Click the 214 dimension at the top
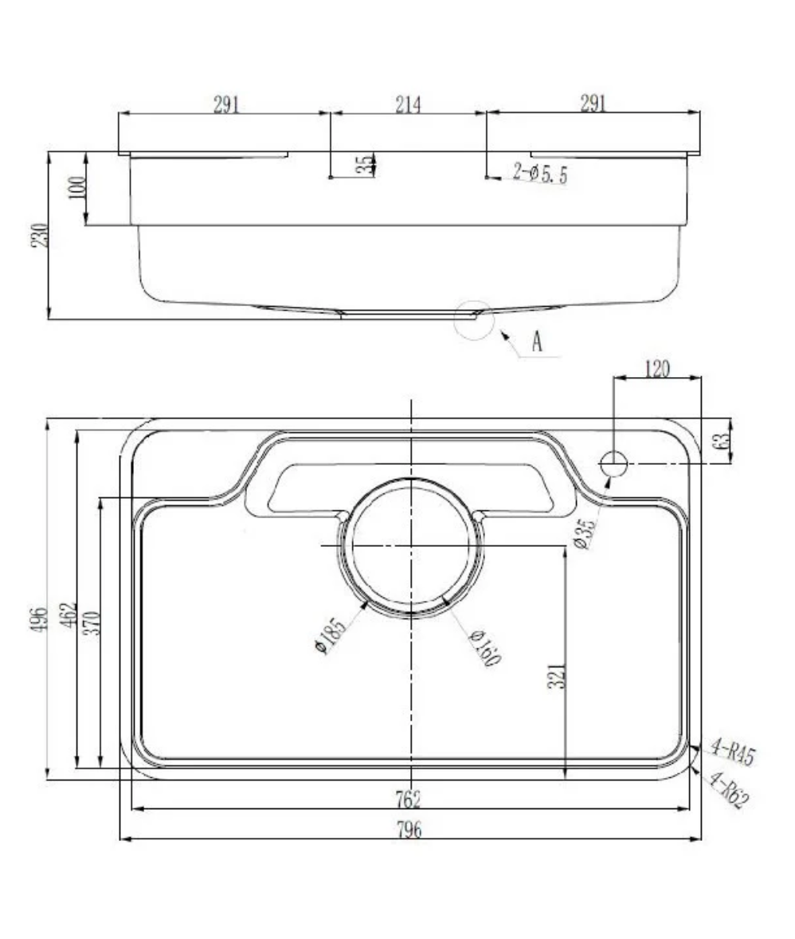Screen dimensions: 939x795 pos(408,104)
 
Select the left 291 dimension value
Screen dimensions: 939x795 pos(226,104)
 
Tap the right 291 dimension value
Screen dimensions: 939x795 pos(593,104)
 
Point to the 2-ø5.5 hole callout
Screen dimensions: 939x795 pos(540,173)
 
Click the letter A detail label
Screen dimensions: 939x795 pos(537,343)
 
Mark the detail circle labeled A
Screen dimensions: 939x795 pos(474,320)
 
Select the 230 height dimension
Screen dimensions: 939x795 pos(41,235)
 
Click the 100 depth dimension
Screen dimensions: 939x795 pos(77,189)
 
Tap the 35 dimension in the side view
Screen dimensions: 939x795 pos(364,165)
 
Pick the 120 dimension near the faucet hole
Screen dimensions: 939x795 pos(656,368)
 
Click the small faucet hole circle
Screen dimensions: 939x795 pos(614,462)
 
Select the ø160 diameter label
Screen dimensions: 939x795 pos(484,646)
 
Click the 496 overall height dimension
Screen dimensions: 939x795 pos(41,619)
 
